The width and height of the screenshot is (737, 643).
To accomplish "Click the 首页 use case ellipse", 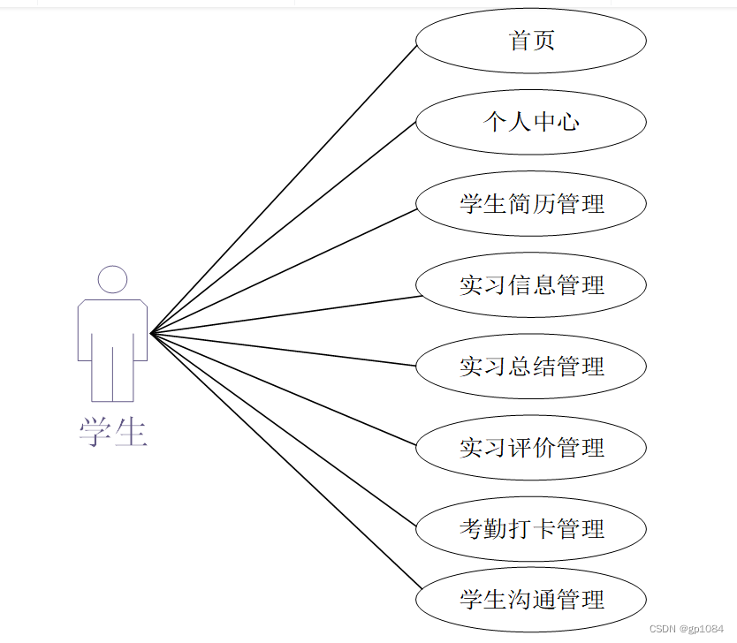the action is pyautogui.click(x=531, y=41).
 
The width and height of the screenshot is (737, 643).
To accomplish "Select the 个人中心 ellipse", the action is pyautogui.click(x=531, y=122).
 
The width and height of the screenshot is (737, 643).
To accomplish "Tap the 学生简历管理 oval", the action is pyautogui.click(x=531, y=203).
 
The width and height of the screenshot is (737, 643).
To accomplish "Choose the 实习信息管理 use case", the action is pyautogui.click(x=531, y=284).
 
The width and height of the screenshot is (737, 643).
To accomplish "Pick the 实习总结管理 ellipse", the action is pyautogui.click(x=531, y=366).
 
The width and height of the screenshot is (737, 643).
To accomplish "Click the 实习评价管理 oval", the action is pyautogui.click(x=531, y=447).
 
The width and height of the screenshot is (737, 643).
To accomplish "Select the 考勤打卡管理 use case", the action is pyautogui.click(x=531, y=528).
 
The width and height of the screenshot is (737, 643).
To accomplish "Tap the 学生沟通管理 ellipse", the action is pyautogui.click(x=531, y=600).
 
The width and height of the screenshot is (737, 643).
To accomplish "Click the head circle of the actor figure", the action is pyautogui.click(x=112, y=279).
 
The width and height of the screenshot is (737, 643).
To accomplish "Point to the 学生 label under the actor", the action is pyautogui.click(x=112, y=433).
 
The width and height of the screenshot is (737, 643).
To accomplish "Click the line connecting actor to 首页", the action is pyautogui.click(x=283, y=189).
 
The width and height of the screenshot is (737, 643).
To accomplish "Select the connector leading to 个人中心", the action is pyautogui.click(x=283, y=227).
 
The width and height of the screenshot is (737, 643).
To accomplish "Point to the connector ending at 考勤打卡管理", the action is pyautogui.click(x=283, y=428).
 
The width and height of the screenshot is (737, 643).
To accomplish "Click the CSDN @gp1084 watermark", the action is pyautogui.click(x=686, y=629).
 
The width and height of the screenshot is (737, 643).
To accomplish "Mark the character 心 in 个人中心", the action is pyautogui.click(x=568, y=122).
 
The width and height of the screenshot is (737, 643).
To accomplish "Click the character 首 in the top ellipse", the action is pyautogui.click(x=520, y=41).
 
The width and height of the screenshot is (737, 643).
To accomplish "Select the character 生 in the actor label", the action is pyautogui.click(x=130, y=433).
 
